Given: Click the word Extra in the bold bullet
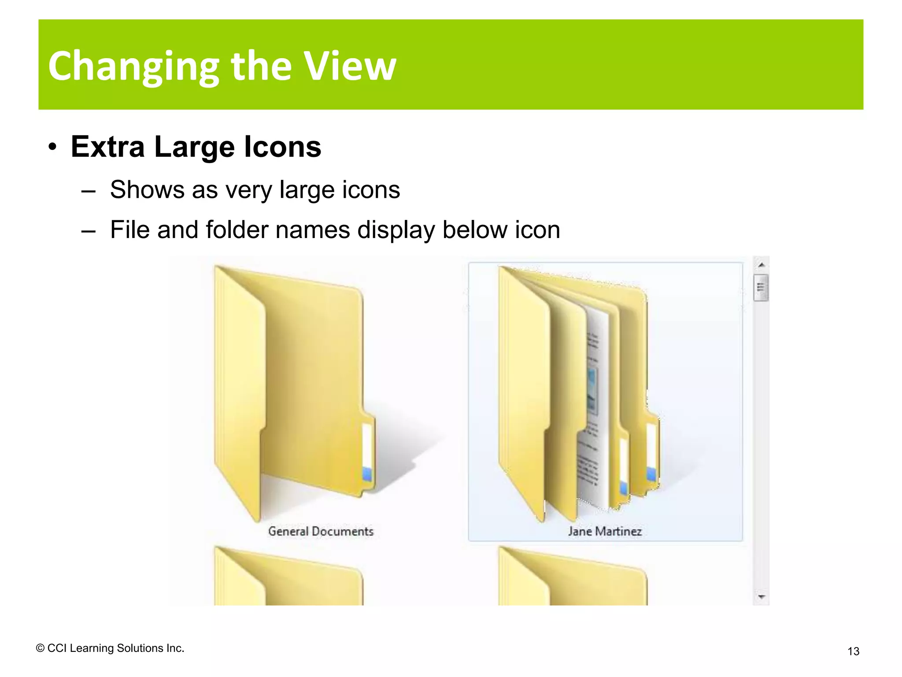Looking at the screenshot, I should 107,147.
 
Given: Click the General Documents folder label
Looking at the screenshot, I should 321,532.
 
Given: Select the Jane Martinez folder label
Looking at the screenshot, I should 605,532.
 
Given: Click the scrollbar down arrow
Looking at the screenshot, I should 761,597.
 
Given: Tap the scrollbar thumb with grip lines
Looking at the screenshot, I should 761,287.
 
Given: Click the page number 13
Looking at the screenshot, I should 853,651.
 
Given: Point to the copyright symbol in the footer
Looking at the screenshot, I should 40,648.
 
